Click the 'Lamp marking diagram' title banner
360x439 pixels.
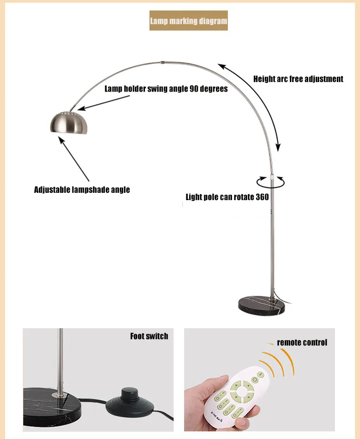point(188,21)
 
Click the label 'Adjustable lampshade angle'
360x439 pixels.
point(82,190)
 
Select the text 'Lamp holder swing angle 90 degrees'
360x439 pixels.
point(166,88)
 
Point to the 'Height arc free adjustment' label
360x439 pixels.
point(298,79)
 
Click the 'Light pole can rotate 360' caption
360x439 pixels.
point(227,197)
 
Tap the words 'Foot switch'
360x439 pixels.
point(149,336)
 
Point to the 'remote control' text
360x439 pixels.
point(302,342)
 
